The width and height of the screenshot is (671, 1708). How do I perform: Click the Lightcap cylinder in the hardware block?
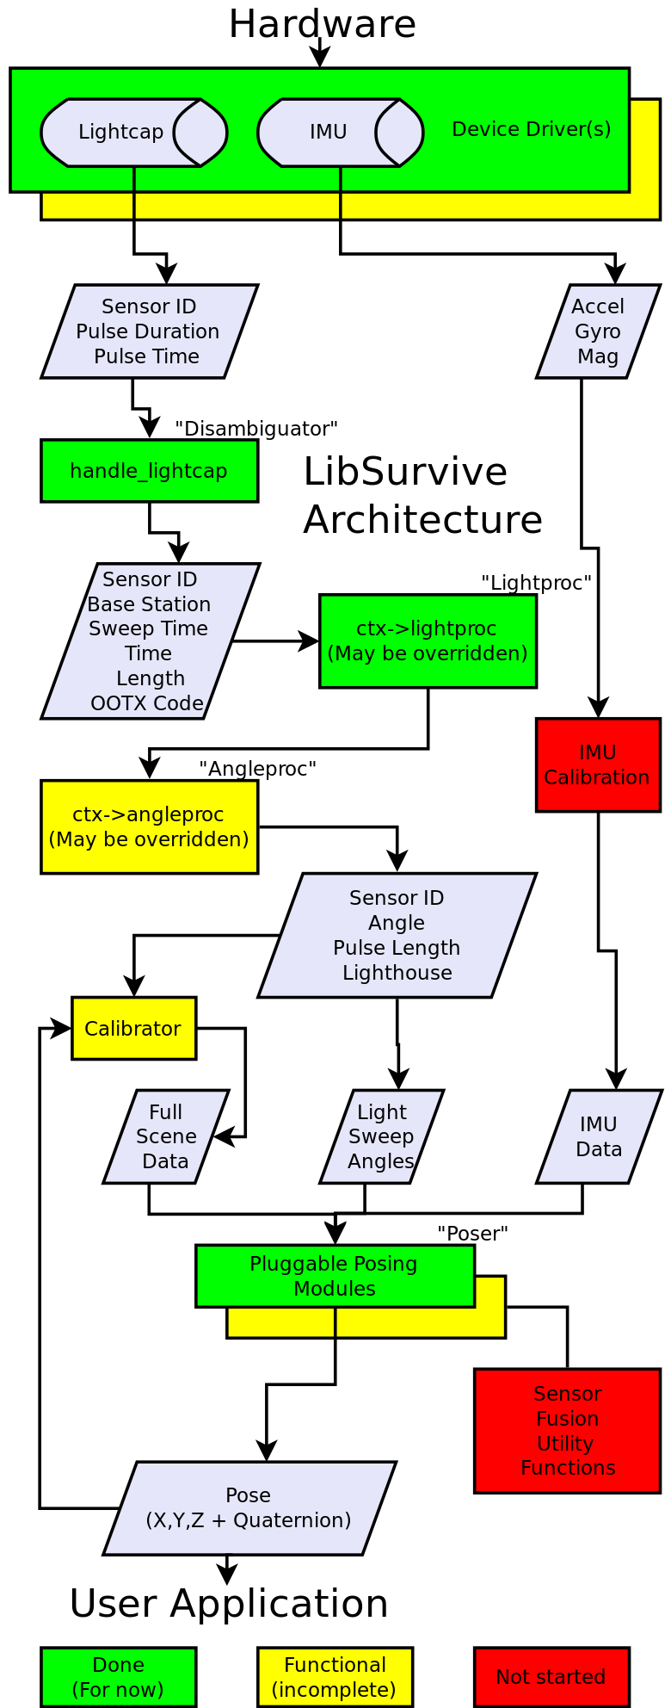(x=134, y=133)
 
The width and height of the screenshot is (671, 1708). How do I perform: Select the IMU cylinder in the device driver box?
(x=341, y=133)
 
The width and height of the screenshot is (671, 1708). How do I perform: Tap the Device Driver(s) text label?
(x=532, y=129)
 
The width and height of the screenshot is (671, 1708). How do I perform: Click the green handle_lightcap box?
(x=150, y=471)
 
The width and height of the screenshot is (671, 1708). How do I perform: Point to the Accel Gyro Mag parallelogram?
(x=598, y=331)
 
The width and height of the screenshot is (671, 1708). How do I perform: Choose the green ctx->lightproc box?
(x=428, y=641)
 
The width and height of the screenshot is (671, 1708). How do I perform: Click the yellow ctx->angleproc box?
(x=150, y=827)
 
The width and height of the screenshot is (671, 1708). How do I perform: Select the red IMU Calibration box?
(x=598, y=765)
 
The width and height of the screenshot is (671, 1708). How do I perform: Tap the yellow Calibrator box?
(x=134, y=1029)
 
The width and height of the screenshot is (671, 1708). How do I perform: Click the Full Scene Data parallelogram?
(x=166, y=1137)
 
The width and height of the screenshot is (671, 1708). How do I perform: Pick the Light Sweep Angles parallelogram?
(x=382, y=1137)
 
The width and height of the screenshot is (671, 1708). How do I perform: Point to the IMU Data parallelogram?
(x=599, y=1137)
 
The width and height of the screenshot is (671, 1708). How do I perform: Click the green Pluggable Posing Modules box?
(x=335, y=1277)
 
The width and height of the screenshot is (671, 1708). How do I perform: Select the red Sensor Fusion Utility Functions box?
(x=568, y=1431)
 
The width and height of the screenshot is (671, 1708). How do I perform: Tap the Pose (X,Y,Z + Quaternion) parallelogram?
(x=249, y=1508)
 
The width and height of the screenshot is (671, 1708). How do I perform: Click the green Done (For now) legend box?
(x=119, y=1677)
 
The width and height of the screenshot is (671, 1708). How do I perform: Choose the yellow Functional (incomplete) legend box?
(x=335, y=1677)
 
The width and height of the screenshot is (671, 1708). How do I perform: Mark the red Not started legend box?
(x=551, y=1677)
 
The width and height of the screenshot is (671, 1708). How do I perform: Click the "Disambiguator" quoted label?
(x=256, y=429)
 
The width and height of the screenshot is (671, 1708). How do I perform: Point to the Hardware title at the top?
(x=323, y=24)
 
